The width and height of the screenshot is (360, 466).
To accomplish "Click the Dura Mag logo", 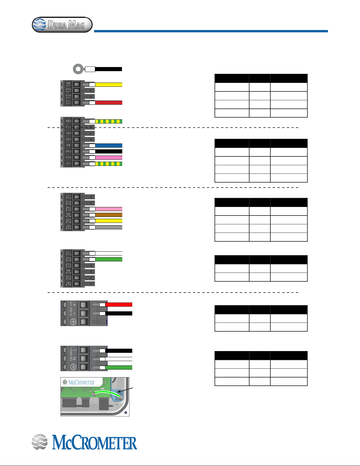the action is (x=62, y=25).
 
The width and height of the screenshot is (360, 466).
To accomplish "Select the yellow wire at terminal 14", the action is (x=109, y=84).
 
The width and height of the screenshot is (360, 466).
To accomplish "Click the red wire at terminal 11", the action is (x=109, y=103).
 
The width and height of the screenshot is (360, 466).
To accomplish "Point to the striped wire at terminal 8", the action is (x=109, y=121).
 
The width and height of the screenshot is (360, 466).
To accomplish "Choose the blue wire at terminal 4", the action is (x=109, y=146).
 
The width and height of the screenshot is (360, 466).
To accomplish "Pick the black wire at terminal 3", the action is (x=109, y=151).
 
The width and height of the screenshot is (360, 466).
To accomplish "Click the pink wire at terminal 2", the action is (x=109, y=158).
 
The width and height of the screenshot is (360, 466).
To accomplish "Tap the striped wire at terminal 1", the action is (x=109, y=164).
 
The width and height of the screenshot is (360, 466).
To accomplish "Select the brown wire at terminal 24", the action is (x=109, y=215).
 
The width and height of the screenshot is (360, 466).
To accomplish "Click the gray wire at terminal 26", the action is (x=109, y=227).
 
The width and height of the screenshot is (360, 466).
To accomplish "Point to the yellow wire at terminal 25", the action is (x=109, y=221).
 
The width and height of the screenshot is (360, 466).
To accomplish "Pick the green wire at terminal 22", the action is (x=109, y=259).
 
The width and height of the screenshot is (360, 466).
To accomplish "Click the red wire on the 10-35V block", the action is (x=119, y=305).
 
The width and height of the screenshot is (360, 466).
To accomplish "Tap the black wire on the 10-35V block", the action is (x=119, y=313).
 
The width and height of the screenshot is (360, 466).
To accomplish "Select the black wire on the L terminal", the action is (x=119, y=351).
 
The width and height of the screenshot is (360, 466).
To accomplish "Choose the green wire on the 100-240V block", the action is (x=119, y=368).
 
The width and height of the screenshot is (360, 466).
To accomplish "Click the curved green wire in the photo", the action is (x=107, y=391).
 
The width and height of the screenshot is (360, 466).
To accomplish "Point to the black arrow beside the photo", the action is (x=125, y=390).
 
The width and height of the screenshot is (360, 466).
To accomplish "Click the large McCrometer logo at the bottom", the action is (x=84, y=442).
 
